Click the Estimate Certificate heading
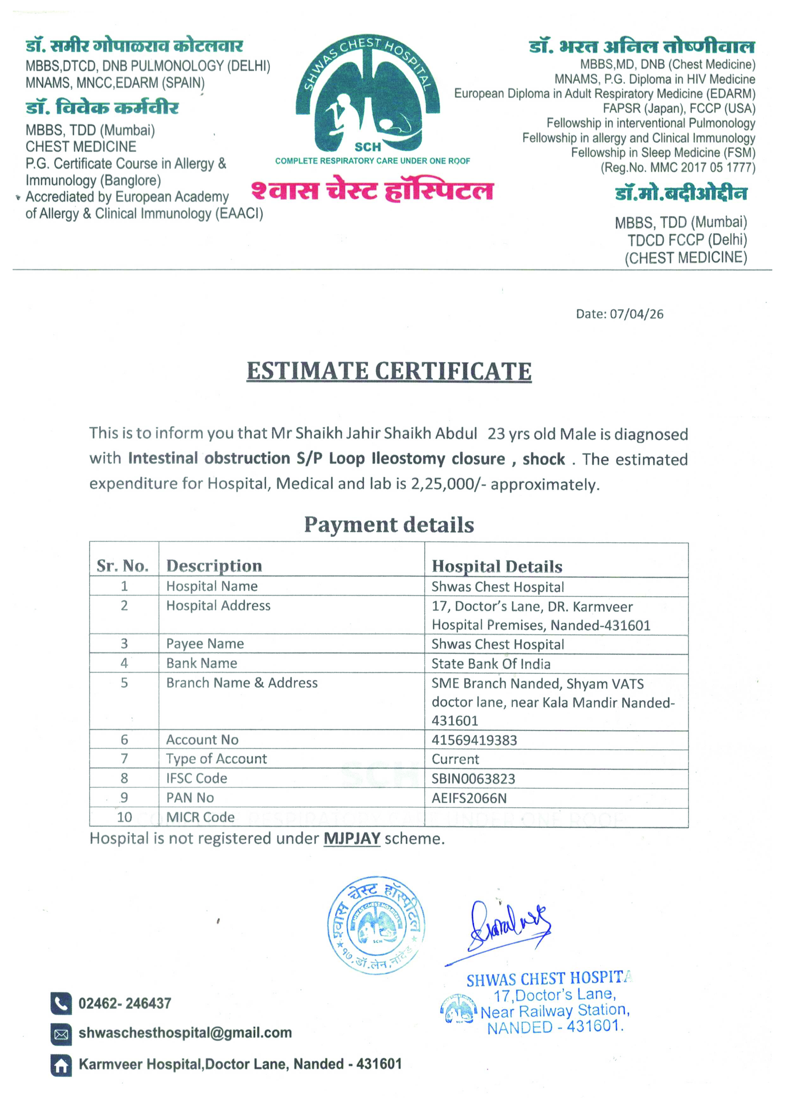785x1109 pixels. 389,371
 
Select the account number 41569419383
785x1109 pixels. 474,740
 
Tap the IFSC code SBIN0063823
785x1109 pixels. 473,778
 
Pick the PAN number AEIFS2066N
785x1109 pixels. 469,798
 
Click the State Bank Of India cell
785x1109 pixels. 491,664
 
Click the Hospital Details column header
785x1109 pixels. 497,566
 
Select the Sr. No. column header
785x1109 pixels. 123,565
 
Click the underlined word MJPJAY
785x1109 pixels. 352,838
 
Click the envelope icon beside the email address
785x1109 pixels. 61,1034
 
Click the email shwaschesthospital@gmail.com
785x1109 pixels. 185,1033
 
